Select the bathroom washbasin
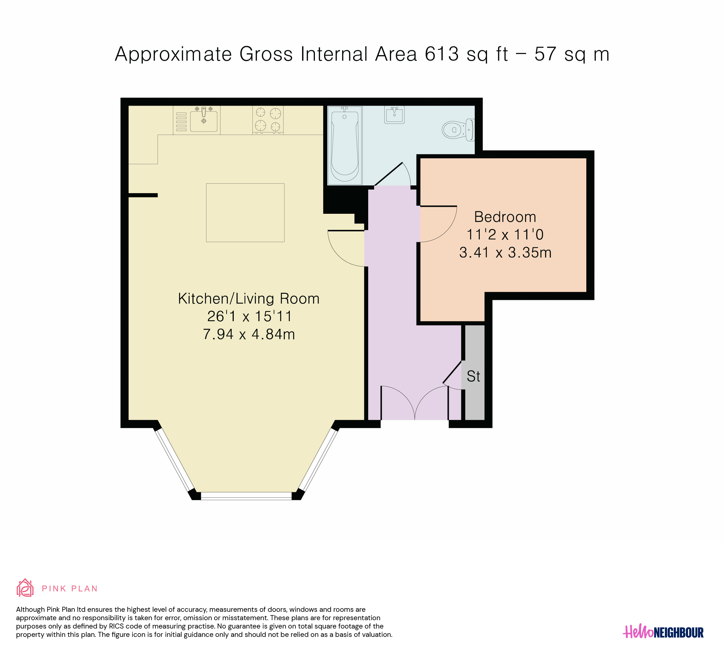(x=394, y=114)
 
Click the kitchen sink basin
(x=204, y=121)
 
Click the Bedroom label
(x=505, y=217)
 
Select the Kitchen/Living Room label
(x=249, y=299)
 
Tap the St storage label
(x=473, y=376)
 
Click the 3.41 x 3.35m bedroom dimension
(x=505, y=253)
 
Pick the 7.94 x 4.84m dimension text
(x=249, y=334)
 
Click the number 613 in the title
(x=442, y=54)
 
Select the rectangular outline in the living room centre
(x=245, y=213)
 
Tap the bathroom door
(x=388, y=174)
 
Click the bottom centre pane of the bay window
(x=246, y=496)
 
